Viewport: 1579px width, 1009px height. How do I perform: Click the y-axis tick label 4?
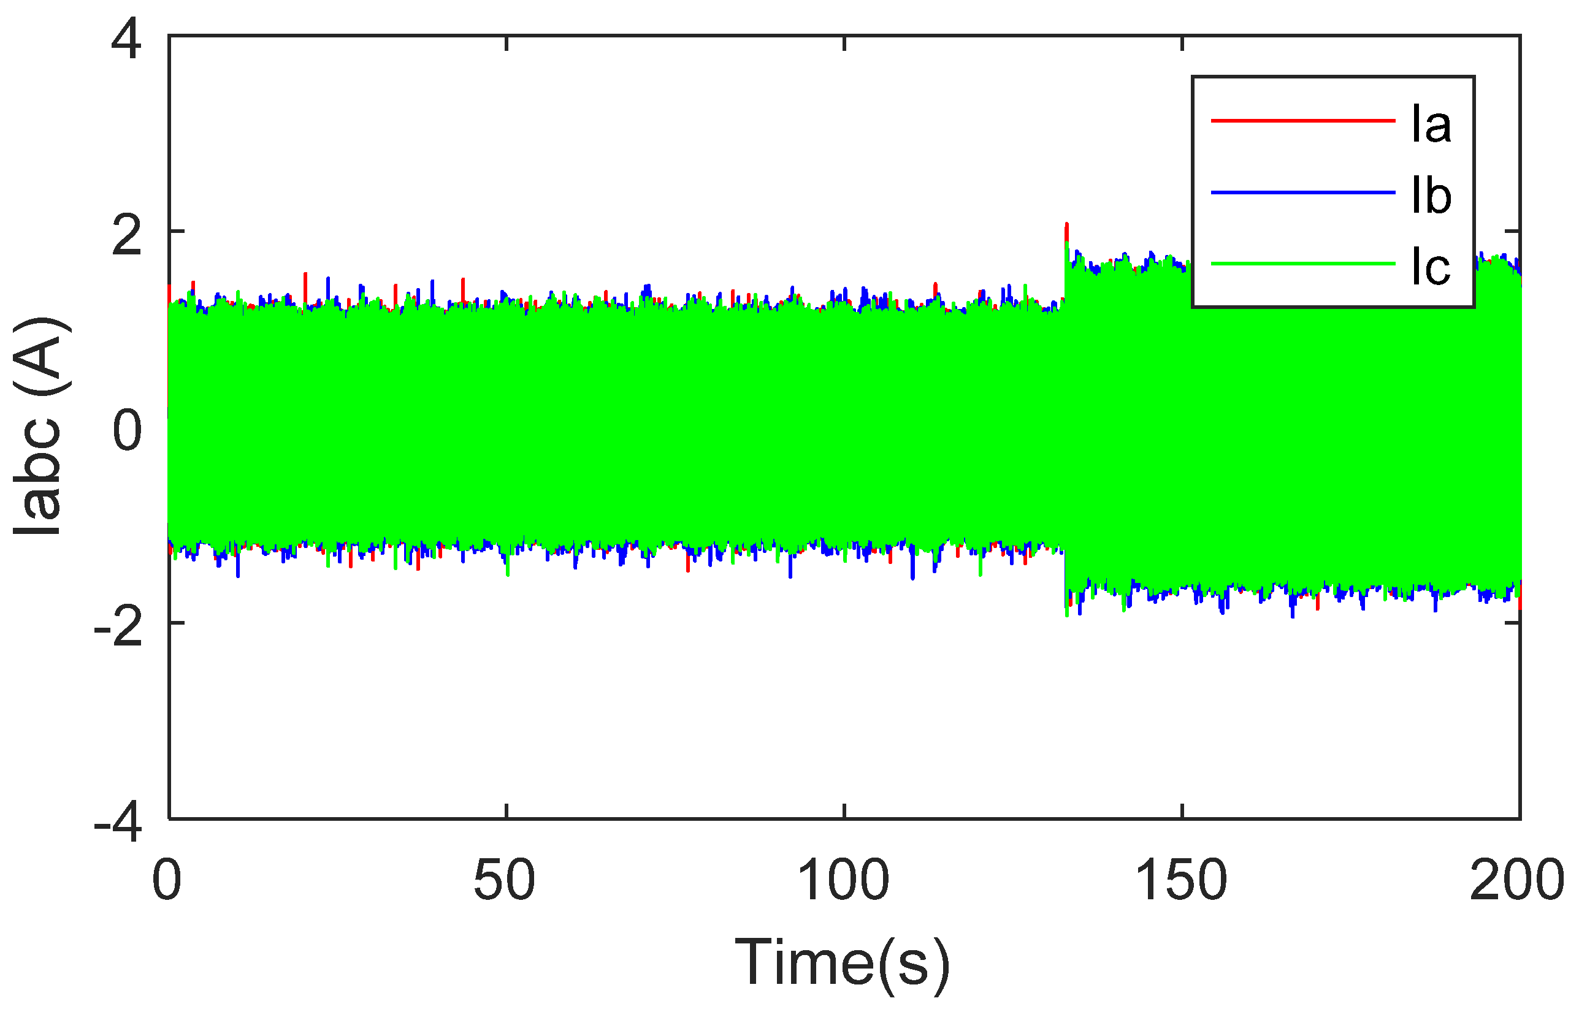126,40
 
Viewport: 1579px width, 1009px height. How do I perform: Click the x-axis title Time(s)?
843,962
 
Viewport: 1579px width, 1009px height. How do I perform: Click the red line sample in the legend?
1302,121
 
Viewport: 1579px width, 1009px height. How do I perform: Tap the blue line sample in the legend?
1302,192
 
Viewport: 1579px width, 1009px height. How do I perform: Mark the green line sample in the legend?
1302,264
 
